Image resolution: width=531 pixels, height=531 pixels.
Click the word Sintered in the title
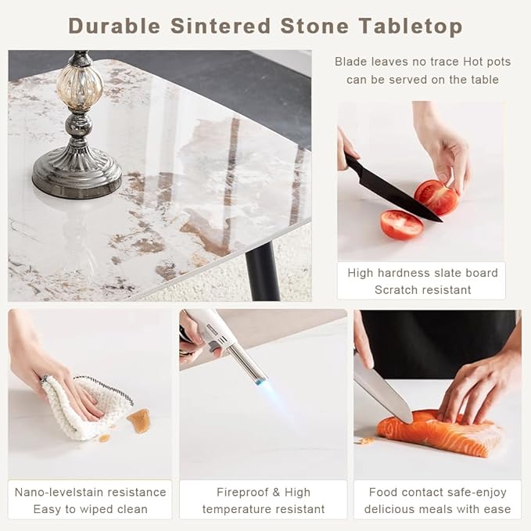(221, 26)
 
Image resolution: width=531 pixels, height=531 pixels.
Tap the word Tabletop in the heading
(411, 27)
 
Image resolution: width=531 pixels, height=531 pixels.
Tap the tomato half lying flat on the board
(402, 224)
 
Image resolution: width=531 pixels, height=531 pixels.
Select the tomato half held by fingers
(436, 197)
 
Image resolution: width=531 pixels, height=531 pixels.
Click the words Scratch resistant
(422, 290)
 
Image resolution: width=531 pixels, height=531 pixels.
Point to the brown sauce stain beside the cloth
(139, 420)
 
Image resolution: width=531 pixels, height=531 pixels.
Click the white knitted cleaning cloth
(83, 407)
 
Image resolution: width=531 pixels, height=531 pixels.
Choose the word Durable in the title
(114, 26)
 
